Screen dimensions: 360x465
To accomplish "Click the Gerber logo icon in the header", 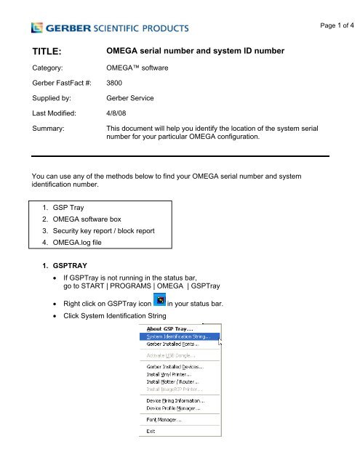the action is coord(37,28).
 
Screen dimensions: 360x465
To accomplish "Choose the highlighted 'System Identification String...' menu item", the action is coord(179,336).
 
